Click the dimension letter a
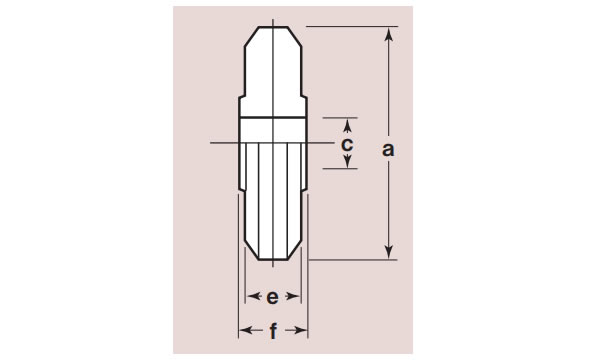[388, 149]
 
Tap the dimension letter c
[347, 145]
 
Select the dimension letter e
[272, 297]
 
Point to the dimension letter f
[273, 331]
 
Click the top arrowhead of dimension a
[389, 34]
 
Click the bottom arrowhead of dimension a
[389, 252]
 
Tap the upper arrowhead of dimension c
[347, 125]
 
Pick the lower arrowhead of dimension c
[347, 162]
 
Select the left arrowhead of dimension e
[252, 296]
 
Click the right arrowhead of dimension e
[294, 296]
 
